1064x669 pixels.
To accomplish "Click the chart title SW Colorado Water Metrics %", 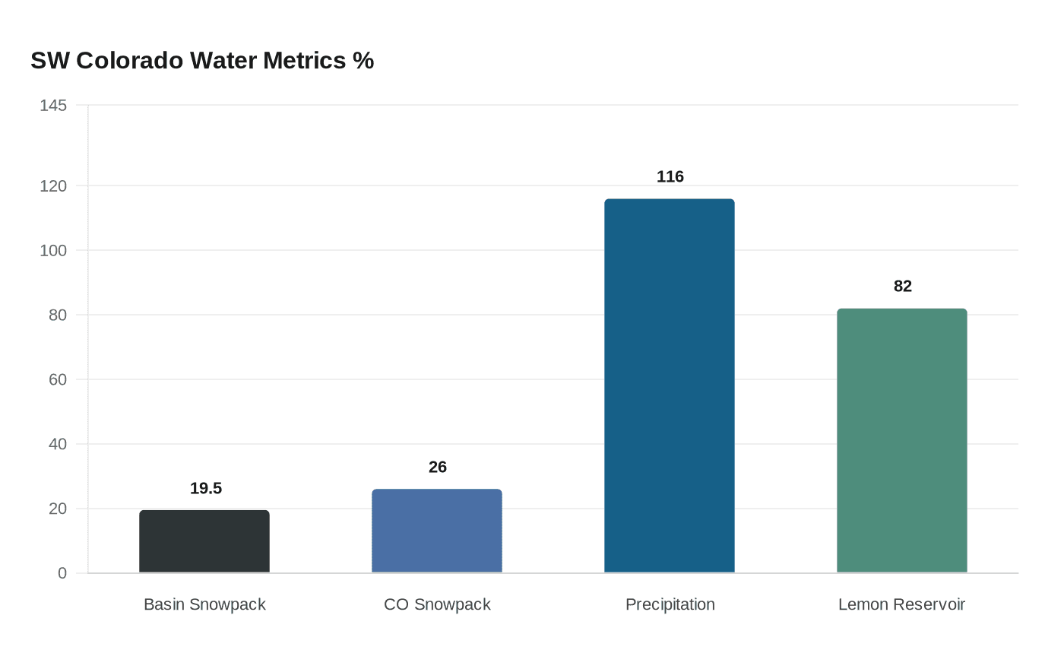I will tap(202, 60).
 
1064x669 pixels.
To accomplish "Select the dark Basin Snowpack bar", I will tap(204, 541).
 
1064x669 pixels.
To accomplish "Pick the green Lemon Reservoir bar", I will tap(902, 440).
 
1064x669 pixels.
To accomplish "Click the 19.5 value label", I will tap(206, 488).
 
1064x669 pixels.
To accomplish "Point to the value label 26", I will tap(438, 467).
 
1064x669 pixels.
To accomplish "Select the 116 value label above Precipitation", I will tap(670, 176).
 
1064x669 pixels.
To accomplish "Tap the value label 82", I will tap(903, 286).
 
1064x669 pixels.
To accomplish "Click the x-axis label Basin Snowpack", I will tap(204, 604).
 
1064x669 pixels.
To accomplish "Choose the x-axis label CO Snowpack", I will tap(437, 604).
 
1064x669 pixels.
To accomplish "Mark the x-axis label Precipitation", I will tap(670, 604).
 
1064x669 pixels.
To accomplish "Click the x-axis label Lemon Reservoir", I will tap(901, 604).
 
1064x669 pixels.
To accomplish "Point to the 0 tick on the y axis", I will tap(62, 573).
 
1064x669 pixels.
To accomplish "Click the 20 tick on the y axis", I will tap(58, 509).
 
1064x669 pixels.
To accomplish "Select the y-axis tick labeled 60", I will tap(58, 379).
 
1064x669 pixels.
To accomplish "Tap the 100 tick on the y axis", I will tap(53, 250).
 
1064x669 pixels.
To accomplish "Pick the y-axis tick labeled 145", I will tap(53, 106).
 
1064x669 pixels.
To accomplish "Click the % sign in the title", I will tap(363, 60).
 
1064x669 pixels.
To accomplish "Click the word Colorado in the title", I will tap(130, 60).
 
